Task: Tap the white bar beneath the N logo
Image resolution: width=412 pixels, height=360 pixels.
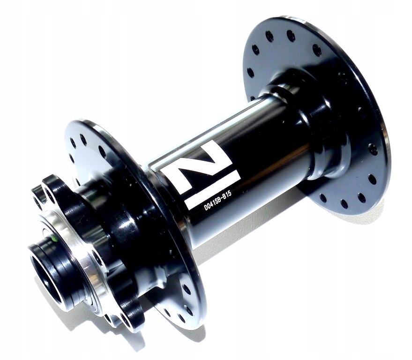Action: click(213, 189)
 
